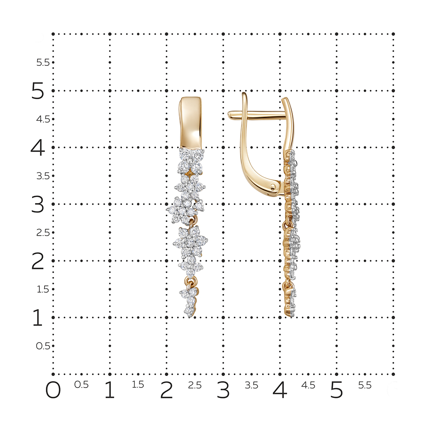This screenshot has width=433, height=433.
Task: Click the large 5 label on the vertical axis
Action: (x=38, y=90)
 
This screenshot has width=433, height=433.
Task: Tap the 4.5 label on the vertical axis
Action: (x=43, y=120)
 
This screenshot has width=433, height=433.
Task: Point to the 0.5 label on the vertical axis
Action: (x=43, y=346)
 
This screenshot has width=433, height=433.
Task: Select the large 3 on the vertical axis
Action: (x=38, y=204)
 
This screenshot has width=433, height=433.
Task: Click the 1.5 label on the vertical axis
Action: (x=43, y=289)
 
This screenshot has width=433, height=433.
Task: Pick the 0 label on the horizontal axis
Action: (x=53, y=390)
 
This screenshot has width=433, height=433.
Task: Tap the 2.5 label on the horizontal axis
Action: (x=195, y=385)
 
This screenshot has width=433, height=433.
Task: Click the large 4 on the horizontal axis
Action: (x=280, y=390)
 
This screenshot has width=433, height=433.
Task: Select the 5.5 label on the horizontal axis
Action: (x=365, y=385)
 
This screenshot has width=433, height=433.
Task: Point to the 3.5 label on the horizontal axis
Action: (x=251, y=385)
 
